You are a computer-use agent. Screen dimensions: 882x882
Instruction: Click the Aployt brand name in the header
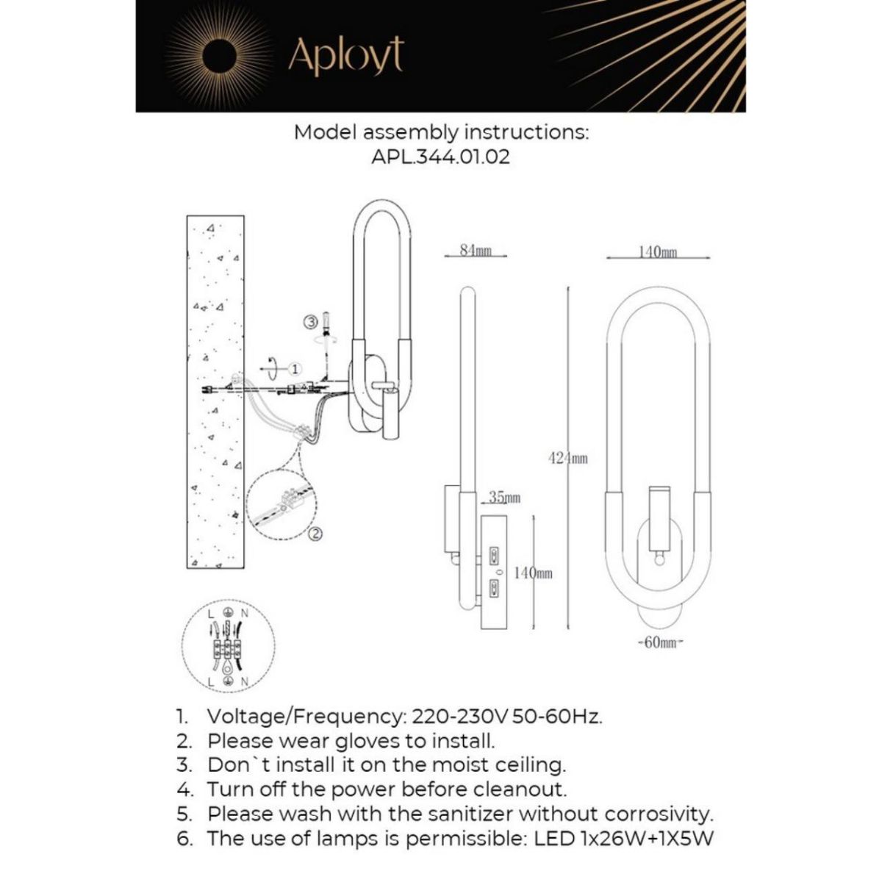pos(345,56)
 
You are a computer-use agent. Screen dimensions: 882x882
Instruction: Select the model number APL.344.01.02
pos(441,157)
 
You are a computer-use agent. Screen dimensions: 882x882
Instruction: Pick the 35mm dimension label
pos(505,498)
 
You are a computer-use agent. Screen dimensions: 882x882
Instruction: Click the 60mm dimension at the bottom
pos(659,643)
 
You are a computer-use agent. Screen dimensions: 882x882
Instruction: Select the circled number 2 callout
pos(315,534)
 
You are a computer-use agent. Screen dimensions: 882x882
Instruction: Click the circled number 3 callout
pos(310,321)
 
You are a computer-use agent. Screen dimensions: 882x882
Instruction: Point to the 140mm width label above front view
pos(658,252)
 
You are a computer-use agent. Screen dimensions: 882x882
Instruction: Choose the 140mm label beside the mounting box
pos(533,573)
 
